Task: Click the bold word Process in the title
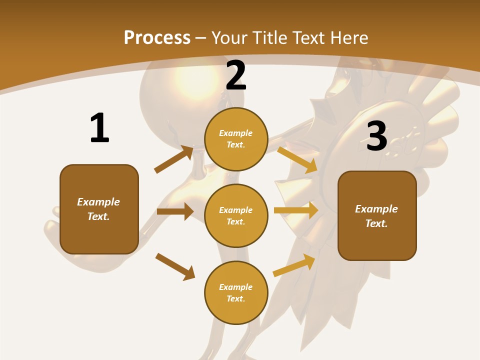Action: pos(157,38)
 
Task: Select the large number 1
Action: pos(99,128)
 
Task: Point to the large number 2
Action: pos(236,76)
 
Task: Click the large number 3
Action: pos(376,136)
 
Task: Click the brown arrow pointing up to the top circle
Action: pos(174,159)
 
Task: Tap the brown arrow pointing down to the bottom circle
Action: pos(175,266)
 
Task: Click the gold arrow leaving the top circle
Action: pos(297,159)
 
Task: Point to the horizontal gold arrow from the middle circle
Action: pos(295,210)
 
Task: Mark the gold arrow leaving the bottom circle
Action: pos(294,265)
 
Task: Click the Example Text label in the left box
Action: pos(99,209)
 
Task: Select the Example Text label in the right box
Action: pos(377,216)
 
